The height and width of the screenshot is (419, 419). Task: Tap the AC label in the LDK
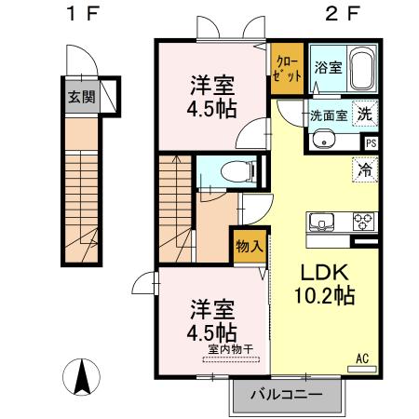point(362,357)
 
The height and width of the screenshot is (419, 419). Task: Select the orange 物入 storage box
point(248,246)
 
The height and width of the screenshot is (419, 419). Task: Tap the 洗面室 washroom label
point(328,116)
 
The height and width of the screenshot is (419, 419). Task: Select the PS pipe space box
point(371,142)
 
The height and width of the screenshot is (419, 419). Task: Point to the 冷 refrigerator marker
point(365,171)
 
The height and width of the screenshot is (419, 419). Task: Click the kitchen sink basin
point(322,223)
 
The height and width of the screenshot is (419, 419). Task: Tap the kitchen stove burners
point(361,222)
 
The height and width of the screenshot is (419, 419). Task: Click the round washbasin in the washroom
point(322,141)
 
